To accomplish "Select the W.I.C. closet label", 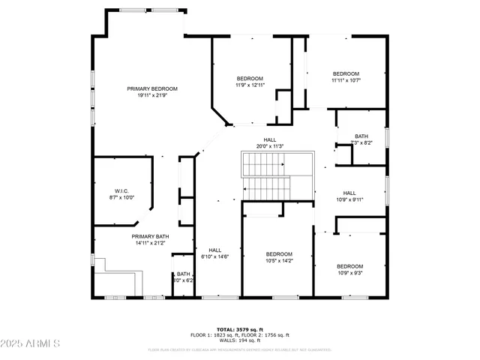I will [123, 191].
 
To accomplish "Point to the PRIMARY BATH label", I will [129, 236].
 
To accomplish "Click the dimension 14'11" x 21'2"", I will [129, 243].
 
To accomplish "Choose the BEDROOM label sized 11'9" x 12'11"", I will [250, 79].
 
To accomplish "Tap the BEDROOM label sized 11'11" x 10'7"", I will [346, 73].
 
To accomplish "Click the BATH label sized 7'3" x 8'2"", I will [361, 136].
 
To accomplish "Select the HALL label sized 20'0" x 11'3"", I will [270, 139].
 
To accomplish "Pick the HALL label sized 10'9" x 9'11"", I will [349, 193].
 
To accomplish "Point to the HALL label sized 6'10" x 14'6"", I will [214, 250].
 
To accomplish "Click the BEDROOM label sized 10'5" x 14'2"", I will [279, 254].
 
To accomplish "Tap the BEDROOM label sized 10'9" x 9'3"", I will [349, 266].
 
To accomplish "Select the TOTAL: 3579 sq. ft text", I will [241, 329].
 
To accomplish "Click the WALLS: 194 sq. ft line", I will [241, 341].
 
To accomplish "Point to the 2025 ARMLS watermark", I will [31, 343].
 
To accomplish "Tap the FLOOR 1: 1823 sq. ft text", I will [217, 335].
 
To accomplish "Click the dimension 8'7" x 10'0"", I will [123, 198].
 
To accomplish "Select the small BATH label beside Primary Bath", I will [183, 274].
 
